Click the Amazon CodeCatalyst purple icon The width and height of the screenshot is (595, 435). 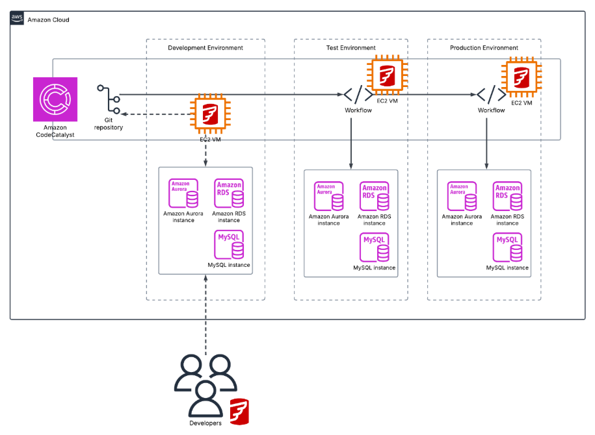coord(55,99)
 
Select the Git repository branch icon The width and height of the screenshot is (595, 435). coord(108,99)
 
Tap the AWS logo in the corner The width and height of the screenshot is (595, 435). coord(18,19)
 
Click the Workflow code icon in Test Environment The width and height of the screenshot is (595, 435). coord(358,95)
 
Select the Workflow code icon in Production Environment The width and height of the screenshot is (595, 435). coord(491,95)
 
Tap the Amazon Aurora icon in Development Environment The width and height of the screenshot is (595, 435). coord(183,193)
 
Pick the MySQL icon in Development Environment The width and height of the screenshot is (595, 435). coord(229,245)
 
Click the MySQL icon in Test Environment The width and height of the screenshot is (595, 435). coord(374,247)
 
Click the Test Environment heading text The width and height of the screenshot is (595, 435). coord(350,48)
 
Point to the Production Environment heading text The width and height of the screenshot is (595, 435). coord(484,48)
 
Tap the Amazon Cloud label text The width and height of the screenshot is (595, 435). coord(48,20)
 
